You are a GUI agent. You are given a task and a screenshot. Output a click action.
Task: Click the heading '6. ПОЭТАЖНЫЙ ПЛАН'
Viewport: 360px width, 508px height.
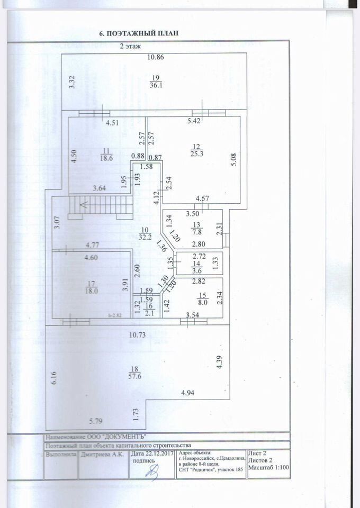(139, 33)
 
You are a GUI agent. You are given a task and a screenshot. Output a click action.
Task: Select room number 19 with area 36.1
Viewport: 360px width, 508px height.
(156, 81)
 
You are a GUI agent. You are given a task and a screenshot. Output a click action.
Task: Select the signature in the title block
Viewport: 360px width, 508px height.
(153, 470)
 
